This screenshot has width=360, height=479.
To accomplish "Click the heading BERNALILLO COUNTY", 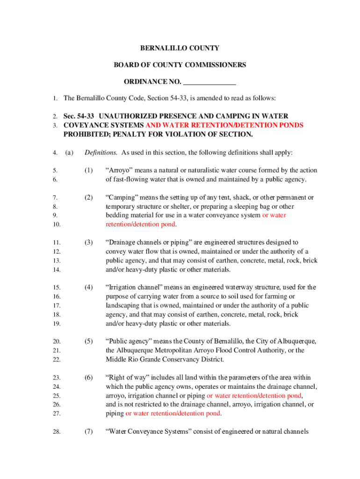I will click(180, 48).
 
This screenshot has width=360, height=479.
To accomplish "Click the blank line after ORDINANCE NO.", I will click(209, 82).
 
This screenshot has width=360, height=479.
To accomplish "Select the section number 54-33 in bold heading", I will click(86, 116).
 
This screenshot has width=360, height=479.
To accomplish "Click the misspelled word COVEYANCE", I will click(84, 125).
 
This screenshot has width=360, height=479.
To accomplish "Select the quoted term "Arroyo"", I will click(119, 170).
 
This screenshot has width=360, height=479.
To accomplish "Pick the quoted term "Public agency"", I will click(128, 341).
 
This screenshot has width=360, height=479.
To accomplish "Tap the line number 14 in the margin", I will click(56, 270).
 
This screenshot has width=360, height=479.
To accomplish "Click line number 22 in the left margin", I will click(56, 360).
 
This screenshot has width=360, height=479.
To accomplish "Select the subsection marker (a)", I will click(69, 152).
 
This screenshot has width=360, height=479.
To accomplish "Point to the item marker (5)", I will click(89, 341).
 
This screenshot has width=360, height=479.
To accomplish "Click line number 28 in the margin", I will click(56, 432).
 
